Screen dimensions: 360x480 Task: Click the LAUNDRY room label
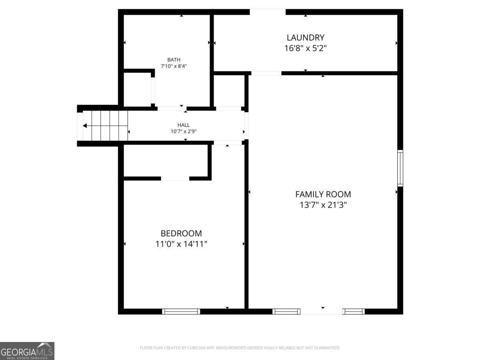pos(305,38)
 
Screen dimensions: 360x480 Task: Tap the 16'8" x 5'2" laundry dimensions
pos(305,48)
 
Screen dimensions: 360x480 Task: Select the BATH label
pos(174,60)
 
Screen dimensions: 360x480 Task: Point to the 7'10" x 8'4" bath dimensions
pos(174,66)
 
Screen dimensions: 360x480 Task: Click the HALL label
pos(184,125)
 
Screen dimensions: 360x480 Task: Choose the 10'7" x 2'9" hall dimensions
pos(184,131)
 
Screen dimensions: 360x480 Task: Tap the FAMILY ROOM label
pos(323,194)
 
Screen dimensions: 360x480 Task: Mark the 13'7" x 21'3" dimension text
pos(323,205)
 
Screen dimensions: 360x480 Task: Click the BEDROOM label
pos(181,233)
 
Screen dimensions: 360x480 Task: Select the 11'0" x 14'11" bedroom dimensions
pos(181,244)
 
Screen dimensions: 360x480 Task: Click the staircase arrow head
pos(85,126)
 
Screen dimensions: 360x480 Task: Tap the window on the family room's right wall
pos(400,168)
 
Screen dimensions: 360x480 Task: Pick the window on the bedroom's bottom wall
pos(181,311)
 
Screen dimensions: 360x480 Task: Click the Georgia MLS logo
pos(27,351)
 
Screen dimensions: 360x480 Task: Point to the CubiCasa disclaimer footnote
pos(240,348)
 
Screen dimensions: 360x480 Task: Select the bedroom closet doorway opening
pos(175,178)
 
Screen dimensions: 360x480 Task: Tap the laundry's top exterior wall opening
pos(268,12)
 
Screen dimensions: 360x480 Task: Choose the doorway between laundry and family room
pos(266,73)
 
